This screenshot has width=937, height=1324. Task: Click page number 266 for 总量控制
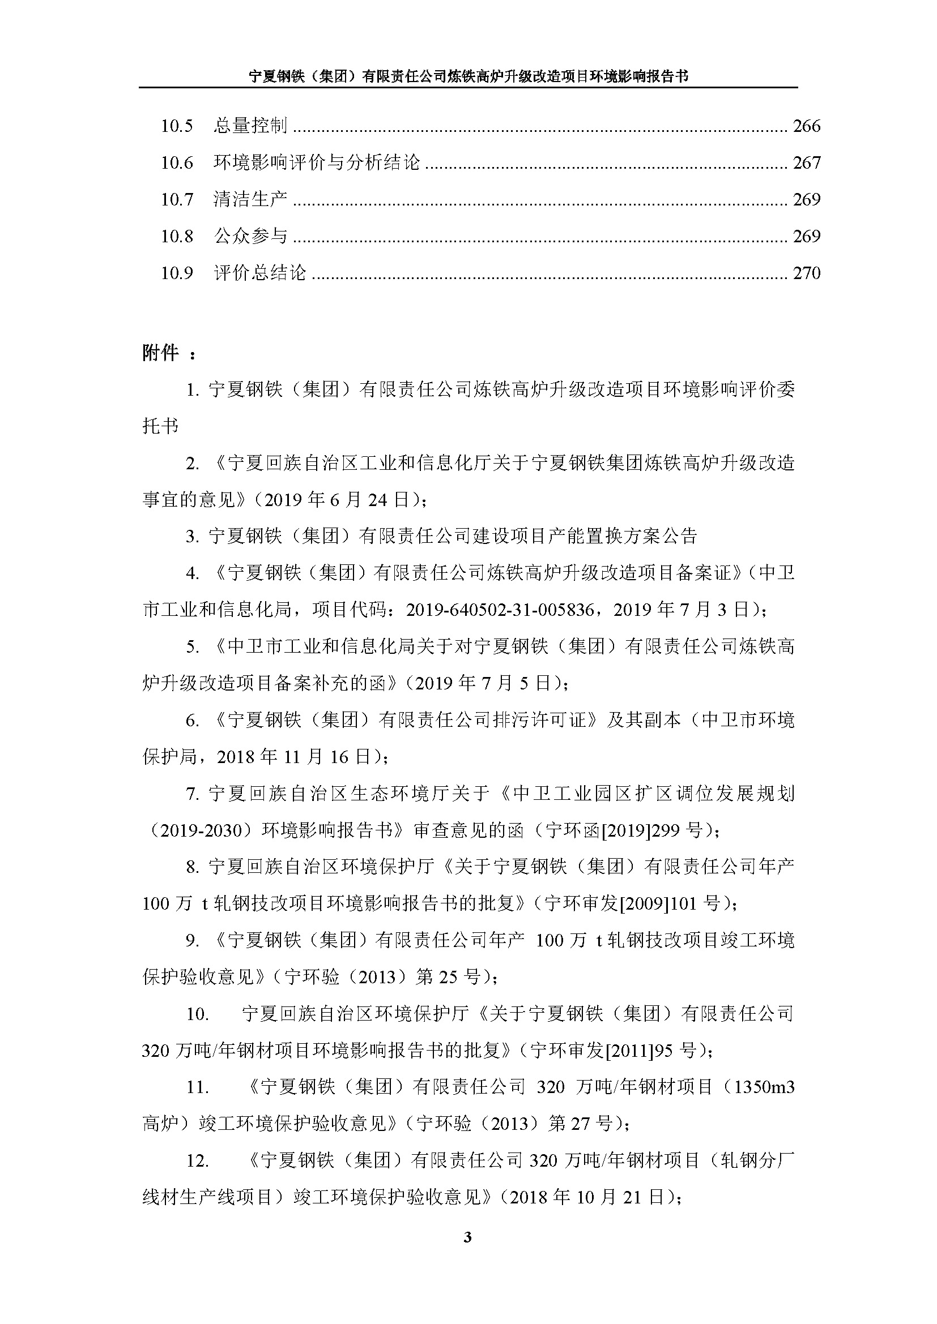(x=806, y=126)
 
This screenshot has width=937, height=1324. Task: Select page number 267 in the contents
(x=806, y=162)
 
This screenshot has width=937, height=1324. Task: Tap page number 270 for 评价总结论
(x=806, y=273)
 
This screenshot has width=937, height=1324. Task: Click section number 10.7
(x=177, y=199)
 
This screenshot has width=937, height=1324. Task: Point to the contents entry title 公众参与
(x=250, y=236)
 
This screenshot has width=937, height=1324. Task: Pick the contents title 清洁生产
(x=250, y=199)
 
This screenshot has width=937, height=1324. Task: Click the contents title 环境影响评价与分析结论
(x=317, y=162)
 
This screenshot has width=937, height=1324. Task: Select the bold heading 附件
(x=160, y=353)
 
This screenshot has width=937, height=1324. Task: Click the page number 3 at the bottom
(x=467, y=1237)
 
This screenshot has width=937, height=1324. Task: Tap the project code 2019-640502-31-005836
(x=500, y=610)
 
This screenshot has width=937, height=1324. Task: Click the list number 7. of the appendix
(x=193, y=794)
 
